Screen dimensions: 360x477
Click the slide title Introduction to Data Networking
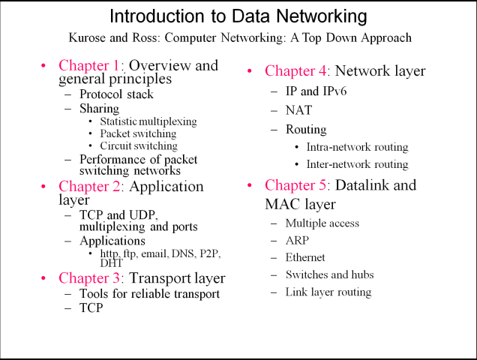tap(238, 16)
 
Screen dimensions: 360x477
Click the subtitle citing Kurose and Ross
tap(238, 37)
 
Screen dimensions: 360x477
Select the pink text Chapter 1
tap(88, 65)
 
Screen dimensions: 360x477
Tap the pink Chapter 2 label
tap(88, 187)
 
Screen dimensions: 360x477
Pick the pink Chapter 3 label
tap(88, 279)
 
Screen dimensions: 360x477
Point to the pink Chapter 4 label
tap(295, 72)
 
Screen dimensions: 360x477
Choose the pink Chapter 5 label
tap(295, 185)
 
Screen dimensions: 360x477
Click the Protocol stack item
tap(116, 94)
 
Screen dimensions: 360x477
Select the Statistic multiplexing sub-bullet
tap(148, 121)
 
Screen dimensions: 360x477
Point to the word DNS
tap(184, 254)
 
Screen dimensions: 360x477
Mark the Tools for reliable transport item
tap(149, 294)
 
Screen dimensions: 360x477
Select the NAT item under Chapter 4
tap(298, 110)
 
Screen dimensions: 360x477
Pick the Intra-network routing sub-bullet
tap(357, 147)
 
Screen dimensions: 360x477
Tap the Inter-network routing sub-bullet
tap(357, 164)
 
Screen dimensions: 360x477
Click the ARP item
tap(298, 240)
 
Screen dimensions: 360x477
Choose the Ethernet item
tap(305, 257)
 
